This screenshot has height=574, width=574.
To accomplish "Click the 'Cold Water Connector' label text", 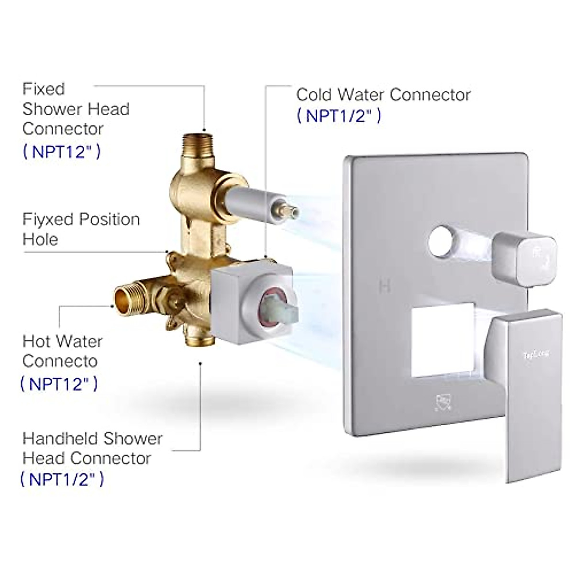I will [x=383, y=95].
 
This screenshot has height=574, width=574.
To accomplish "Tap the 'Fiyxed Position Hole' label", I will [x=81, y=229].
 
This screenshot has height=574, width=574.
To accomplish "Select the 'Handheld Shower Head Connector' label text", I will [x=92, y=448].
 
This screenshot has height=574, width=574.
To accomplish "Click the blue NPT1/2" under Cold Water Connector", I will [x=339, y=116].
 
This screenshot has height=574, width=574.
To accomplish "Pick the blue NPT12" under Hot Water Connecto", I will [x=59, y=384].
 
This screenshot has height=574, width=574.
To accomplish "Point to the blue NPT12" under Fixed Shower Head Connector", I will [x=62, y=152].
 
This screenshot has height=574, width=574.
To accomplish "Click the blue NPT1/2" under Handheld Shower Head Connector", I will [x=62, y=479].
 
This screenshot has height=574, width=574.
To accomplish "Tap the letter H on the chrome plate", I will [x=385, y=287].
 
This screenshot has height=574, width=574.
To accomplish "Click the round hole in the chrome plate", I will [x=441, y=242].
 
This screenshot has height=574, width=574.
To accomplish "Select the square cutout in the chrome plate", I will [x=442, y=340].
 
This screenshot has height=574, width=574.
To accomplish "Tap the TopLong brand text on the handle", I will [x=535, y=354].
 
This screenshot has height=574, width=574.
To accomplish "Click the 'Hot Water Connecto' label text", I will [x=62, y=351].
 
